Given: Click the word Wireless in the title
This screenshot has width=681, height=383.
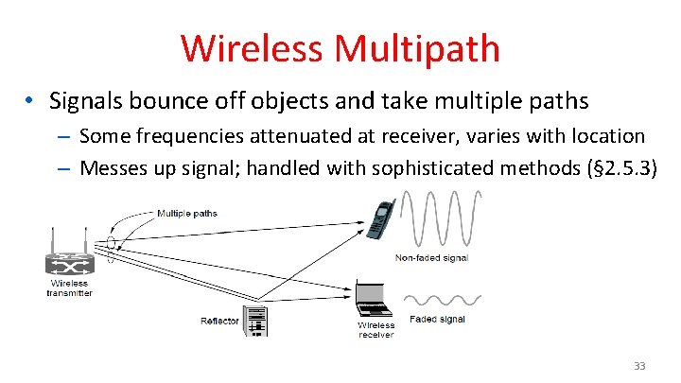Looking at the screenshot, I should point(248,47).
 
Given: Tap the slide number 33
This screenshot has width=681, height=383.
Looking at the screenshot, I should point(640,365).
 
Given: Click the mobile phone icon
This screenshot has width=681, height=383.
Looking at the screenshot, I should point(380,219).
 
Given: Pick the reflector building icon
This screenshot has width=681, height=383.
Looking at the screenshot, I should point(255,321).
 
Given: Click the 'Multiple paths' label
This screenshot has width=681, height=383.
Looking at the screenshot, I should point(186,213).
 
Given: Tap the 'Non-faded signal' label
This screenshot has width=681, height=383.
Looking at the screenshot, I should point(431,258).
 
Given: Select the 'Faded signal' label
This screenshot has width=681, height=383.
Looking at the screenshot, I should point(437,320).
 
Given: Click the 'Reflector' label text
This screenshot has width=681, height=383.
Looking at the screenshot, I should point(219,322).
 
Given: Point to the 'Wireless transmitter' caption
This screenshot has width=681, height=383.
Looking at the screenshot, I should point(69,287).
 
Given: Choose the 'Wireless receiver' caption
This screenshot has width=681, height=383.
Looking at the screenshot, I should point(375,330).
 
